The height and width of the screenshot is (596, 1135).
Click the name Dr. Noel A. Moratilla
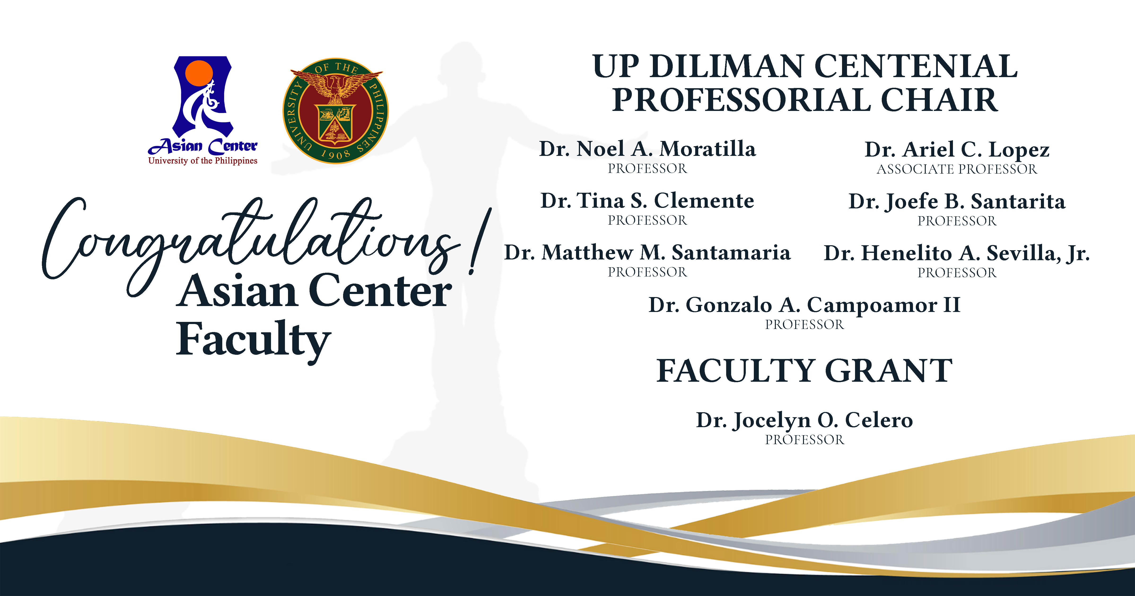[647, 149]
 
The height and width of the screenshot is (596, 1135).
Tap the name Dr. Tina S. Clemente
[647, 201]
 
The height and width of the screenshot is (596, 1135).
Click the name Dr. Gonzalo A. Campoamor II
[804, 305]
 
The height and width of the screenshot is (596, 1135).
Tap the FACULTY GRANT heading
[804, 371]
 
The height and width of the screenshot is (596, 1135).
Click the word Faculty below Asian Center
[253, 339]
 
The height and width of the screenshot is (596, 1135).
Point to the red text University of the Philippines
[203, 161]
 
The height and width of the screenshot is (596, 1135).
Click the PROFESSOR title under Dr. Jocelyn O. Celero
[804, 440]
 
